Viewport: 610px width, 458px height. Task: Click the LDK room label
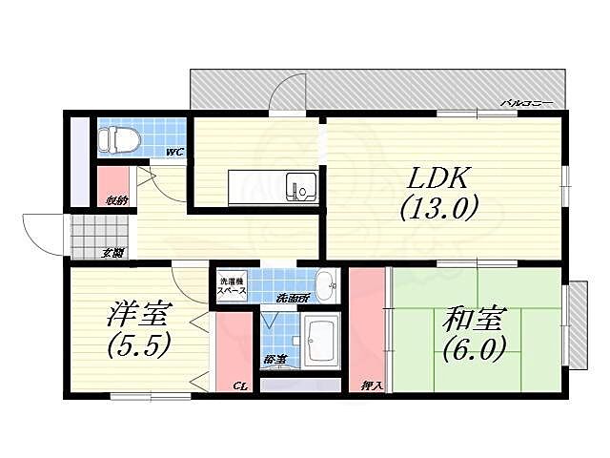coord(437,178)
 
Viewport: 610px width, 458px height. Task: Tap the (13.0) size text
coord(437,207)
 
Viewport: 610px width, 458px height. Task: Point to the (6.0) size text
coord(473,349)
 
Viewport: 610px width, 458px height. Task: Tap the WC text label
coord(174,152)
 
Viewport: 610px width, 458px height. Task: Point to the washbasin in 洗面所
coord(324,281)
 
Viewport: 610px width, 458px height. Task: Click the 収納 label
coord(116,200)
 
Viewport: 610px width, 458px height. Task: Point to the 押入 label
coord(373,386)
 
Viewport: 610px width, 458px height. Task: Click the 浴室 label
coord(274,360)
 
